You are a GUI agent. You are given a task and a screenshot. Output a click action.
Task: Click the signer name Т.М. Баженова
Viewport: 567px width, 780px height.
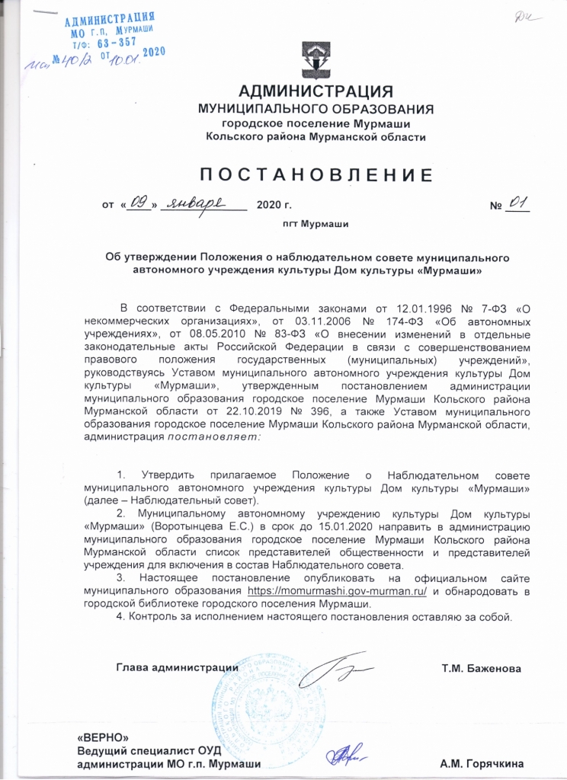click(x=481, y=669)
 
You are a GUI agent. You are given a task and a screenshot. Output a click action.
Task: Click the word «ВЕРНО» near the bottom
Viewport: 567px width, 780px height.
click(x=99, y=737)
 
